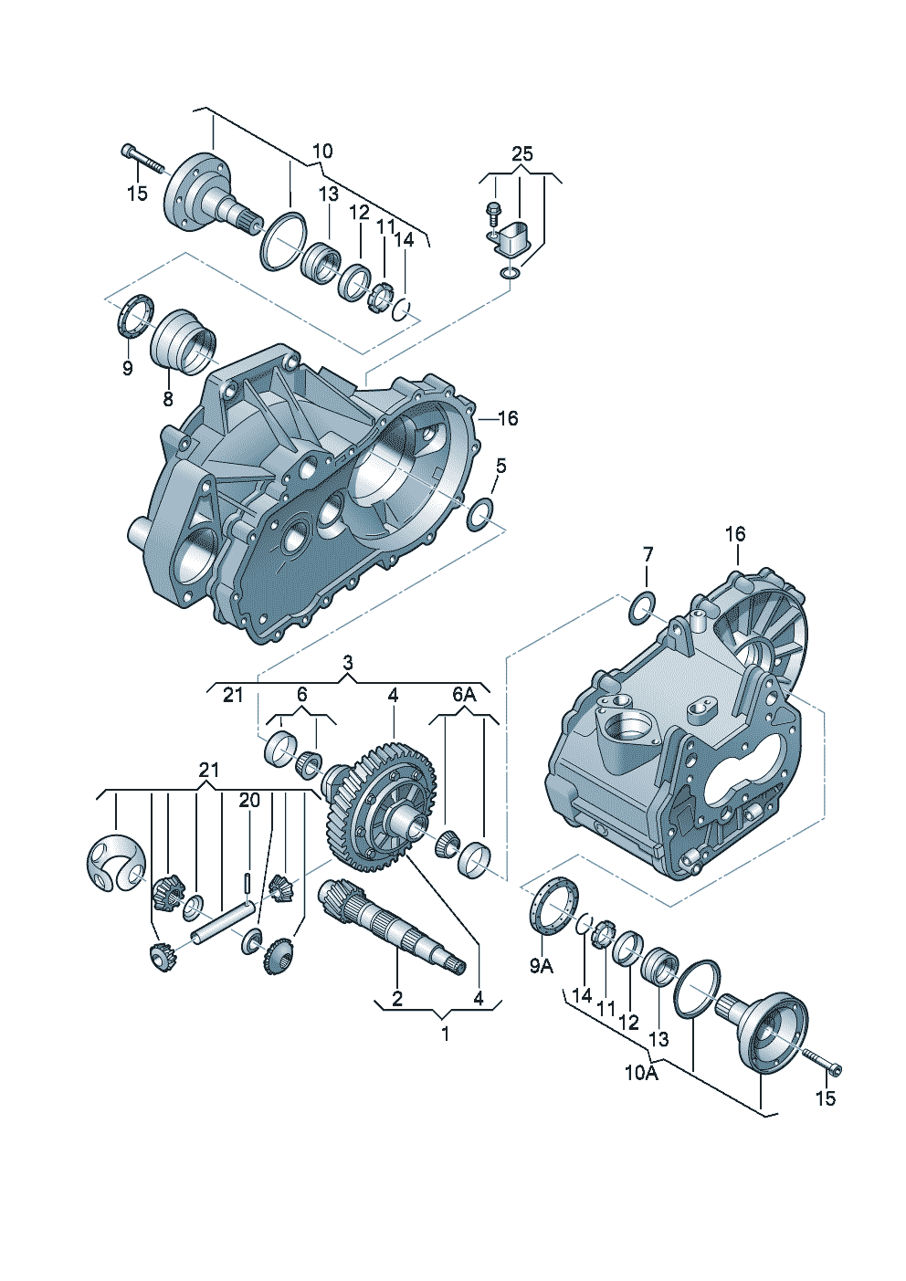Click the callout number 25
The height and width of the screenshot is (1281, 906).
pos(521,153)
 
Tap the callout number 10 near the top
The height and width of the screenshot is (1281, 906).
pos(322,151)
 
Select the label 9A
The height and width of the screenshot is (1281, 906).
pos(542,966)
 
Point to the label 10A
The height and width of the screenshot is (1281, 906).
pos(641,1073)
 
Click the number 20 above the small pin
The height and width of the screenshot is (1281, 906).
pos(249,800)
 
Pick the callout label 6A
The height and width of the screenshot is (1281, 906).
pos(464,695)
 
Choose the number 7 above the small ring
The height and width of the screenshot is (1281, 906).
pos(648,553)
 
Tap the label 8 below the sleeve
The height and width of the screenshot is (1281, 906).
pos(168,398)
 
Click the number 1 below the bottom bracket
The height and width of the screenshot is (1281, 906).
pos(445,1034)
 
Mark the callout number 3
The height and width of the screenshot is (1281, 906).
pos(348,661)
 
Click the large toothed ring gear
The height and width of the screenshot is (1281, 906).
pos(381,808)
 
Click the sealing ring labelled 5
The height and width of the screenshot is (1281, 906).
pos(481,515)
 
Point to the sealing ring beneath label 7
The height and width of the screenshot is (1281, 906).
pos(642,608)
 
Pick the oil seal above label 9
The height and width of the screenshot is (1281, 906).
pos(134,315)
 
